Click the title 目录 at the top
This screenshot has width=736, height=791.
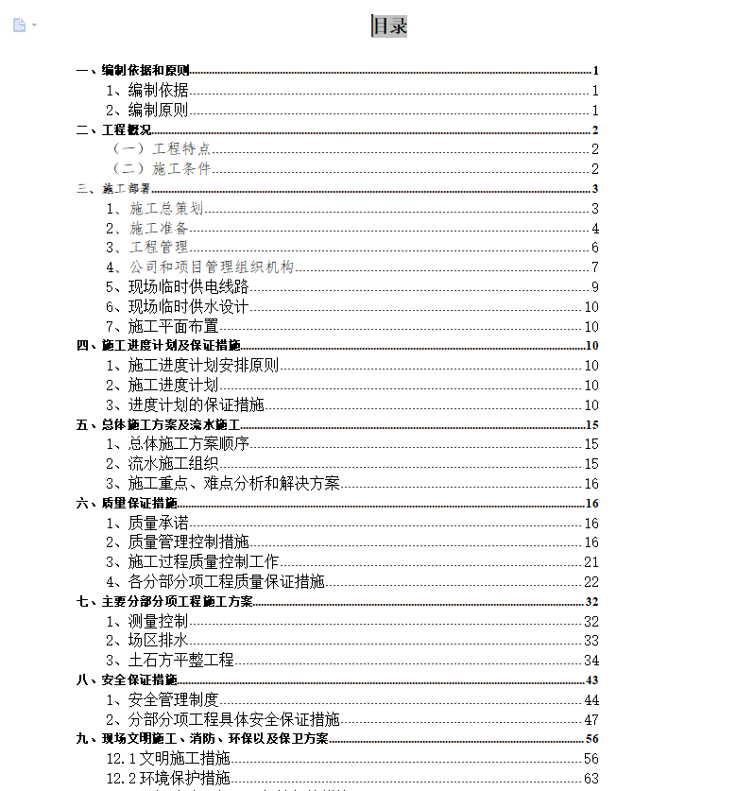pos(389,26)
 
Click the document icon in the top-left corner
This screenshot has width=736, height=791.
pos(20,25)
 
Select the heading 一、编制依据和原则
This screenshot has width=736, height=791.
pos(133,71)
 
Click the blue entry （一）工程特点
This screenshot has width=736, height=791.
pos(161,149)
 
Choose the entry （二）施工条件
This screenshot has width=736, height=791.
pos(161,169)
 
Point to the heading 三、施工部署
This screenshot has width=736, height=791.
pos(113,189)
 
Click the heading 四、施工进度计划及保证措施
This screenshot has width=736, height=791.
pos(159,346)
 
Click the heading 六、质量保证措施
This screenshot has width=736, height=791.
pos(127,504)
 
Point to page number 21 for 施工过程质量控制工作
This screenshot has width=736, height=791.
pos(591,562)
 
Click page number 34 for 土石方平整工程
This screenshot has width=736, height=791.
pos(591,661)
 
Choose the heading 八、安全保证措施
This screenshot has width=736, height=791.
pos(127,680)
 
